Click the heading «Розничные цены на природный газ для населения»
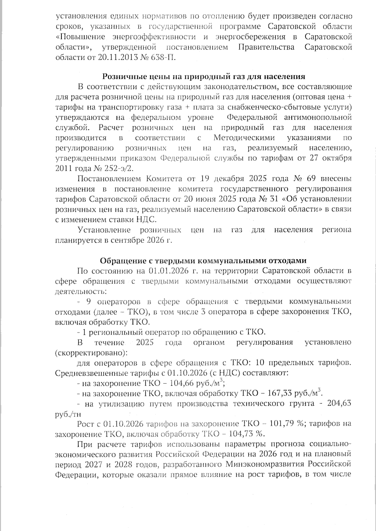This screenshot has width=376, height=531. [x=204, y=77]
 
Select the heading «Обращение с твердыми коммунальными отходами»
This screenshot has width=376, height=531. [x=203, y=261]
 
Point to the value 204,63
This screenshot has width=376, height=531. [x=339, y=404]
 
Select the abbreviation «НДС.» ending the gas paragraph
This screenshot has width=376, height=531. [x=146, y=219]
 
